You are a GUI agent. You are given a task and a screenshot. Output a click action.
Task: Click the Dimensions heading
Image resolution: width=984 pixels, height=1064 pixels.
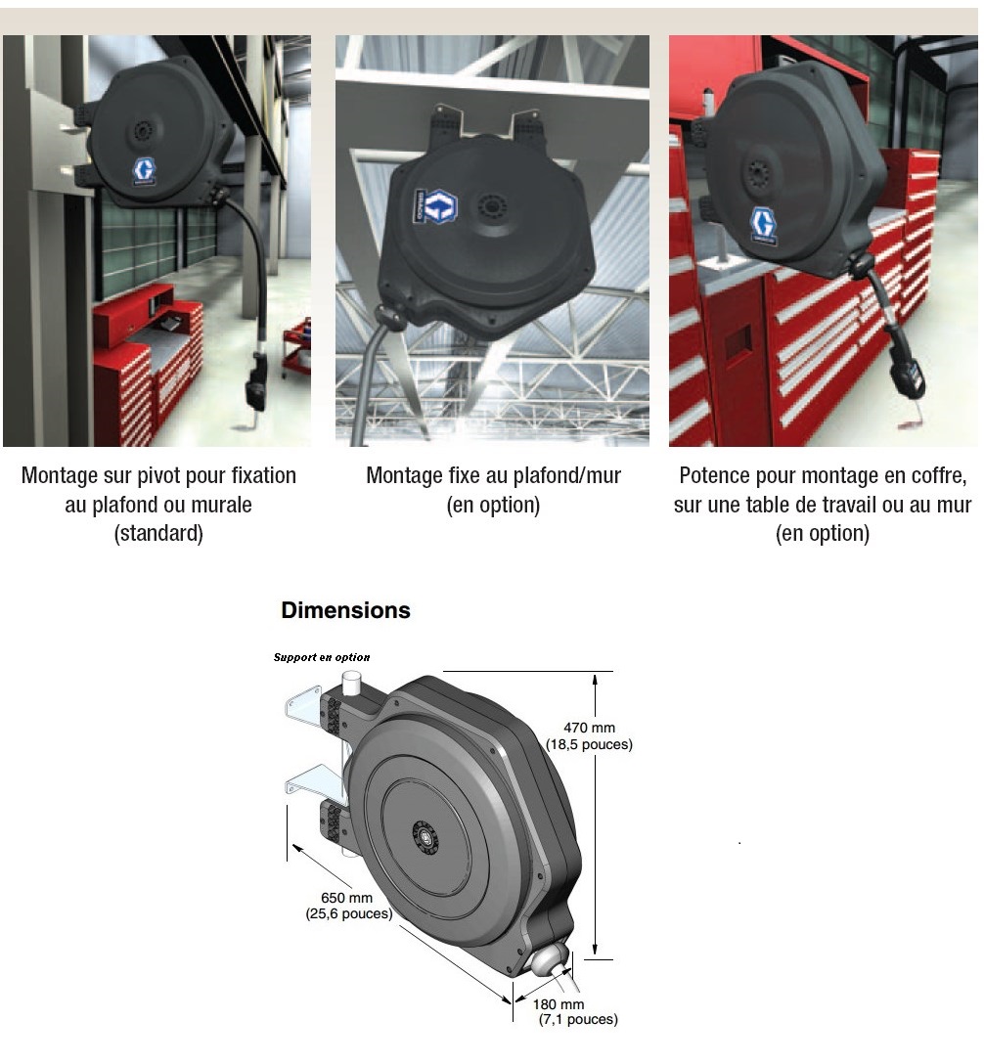coord(345,610)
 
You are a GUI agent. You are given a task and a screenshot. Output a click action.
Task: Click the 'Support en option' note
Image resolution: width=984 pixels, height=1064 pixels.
coord(322,657)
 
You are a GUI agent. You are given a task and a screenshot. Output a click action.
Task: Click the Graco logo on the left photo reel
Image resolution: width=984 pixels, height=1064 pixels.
coord(144,171)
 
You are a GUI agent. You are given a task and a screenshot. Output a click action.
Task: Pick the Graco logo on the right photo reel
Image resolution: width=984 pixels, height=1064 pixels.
coord(764,225)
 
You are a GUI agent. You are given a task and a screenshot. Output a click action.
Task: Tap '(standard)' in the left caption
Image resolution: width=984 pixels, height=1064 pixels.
coord(158,533)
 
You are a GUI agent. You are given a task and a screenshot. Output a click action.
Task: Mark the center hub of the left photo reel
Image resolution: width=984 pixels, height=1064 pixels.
coord(144,129)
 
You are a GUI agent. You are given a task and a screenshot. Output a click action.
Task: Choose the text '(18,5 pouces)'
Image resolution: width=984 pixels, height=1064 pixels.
coord(589,744)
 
